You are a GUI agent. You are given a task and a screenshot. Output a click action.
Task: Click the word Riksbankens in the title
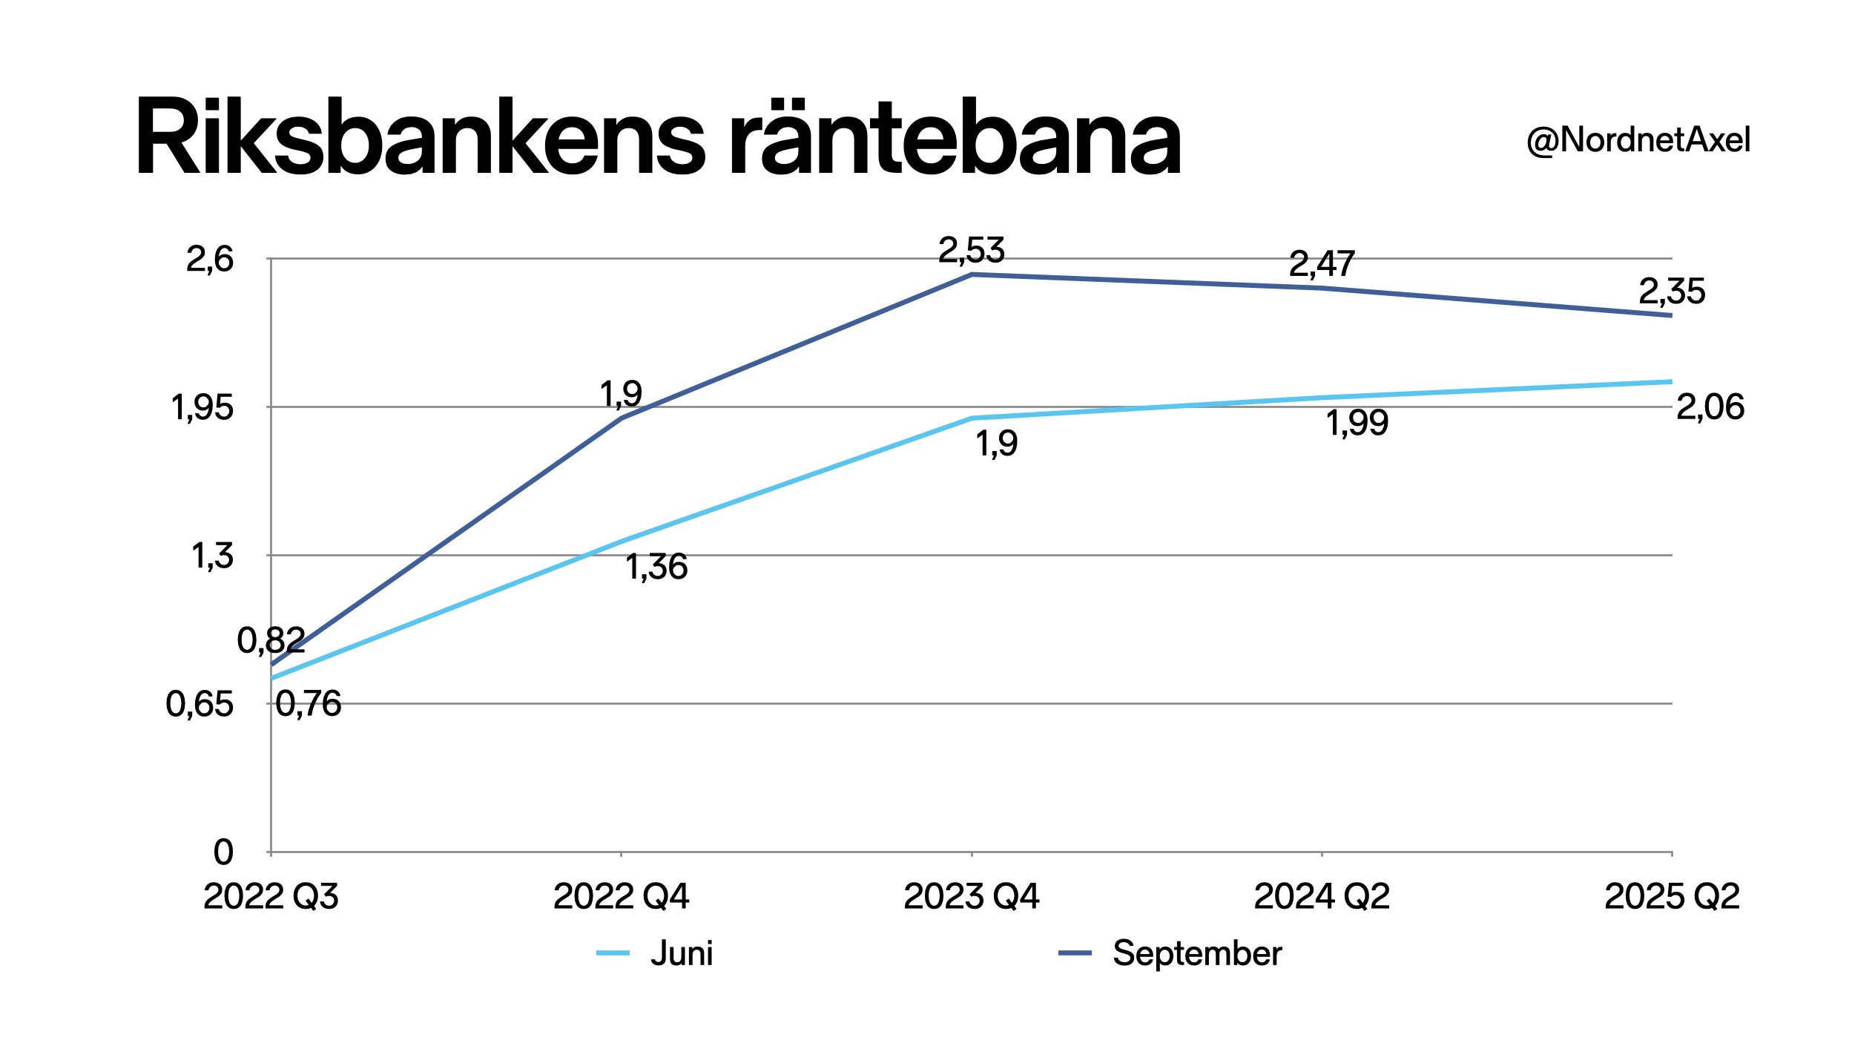419,138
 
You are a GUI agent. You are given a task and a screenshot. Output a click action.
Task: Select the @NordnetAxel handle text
1638,140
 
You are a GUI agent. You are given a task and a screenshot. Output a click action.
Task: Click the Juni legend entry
681,953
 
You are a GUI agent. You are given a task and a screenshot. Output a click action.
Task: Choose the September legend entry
1196,953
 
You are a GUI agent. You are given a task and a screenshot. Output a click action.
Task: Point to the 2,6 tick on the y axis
210,259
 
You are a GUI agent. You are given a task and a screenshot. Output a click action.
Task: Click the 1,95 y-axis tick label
202,407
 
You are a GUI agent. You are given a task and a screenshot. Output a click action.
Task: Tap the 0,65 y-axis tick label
200,704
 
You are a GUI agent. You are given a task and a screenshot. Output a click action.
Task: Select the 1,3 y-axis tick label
213,556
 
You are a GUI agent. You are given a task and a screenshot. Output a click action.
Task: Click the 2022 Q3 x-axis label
271,897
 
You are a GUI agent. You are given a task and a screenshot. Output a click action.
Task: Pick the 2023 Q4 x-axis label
971,897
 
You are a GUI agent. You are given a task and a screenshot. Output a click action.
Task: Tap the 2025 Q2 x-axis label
1672,897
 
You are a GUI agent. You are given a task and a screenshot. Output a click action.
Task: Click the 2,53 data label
971,250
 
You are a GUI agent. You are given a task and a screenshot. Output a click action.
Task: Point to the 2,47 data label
1322,263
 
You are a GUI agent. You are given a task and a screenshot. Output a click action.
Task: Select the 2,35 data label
1672,292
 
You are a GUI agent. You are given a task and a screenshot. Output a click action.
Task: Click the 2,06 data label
1710,407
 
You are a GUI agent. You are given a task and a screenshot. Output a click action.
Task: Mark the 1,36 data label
656,567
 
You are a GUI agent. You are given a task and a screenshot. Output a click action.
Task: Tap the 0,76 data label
309,703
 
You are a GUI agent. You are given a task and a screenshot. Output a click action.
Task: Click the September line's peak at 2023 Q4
972,274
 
